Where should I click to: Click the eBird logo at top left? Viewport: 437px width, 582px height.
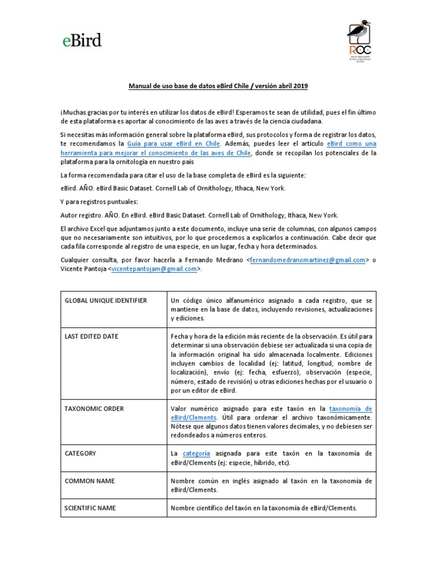(81, 40)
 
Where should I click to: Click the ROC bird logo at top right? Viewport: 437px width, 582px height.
(358, 43)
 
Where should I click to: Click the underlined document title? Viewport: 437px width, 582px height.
(218, 85)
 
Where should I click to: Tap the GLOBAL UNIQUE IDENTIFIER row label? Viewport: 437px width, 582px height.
(106, 300)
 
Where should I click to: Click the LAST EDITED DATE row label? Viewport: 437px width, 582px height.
(92, 336)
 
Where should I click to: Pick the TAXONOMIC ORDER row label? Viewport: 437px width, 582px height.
(94, 409)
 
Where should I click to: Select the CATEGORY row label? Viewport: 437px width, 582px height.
(80, 454)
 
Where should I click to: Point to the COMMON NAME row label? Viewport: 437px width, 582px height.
(89, 481)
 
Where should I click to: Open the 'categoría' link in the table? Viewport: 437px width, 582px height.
(196, 454)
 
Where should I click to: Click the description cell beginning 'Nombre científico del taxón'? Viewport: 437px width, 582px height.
(263, 508)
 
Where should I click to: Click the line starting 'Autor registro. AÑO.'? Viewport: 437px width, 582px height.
(199, 215)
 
